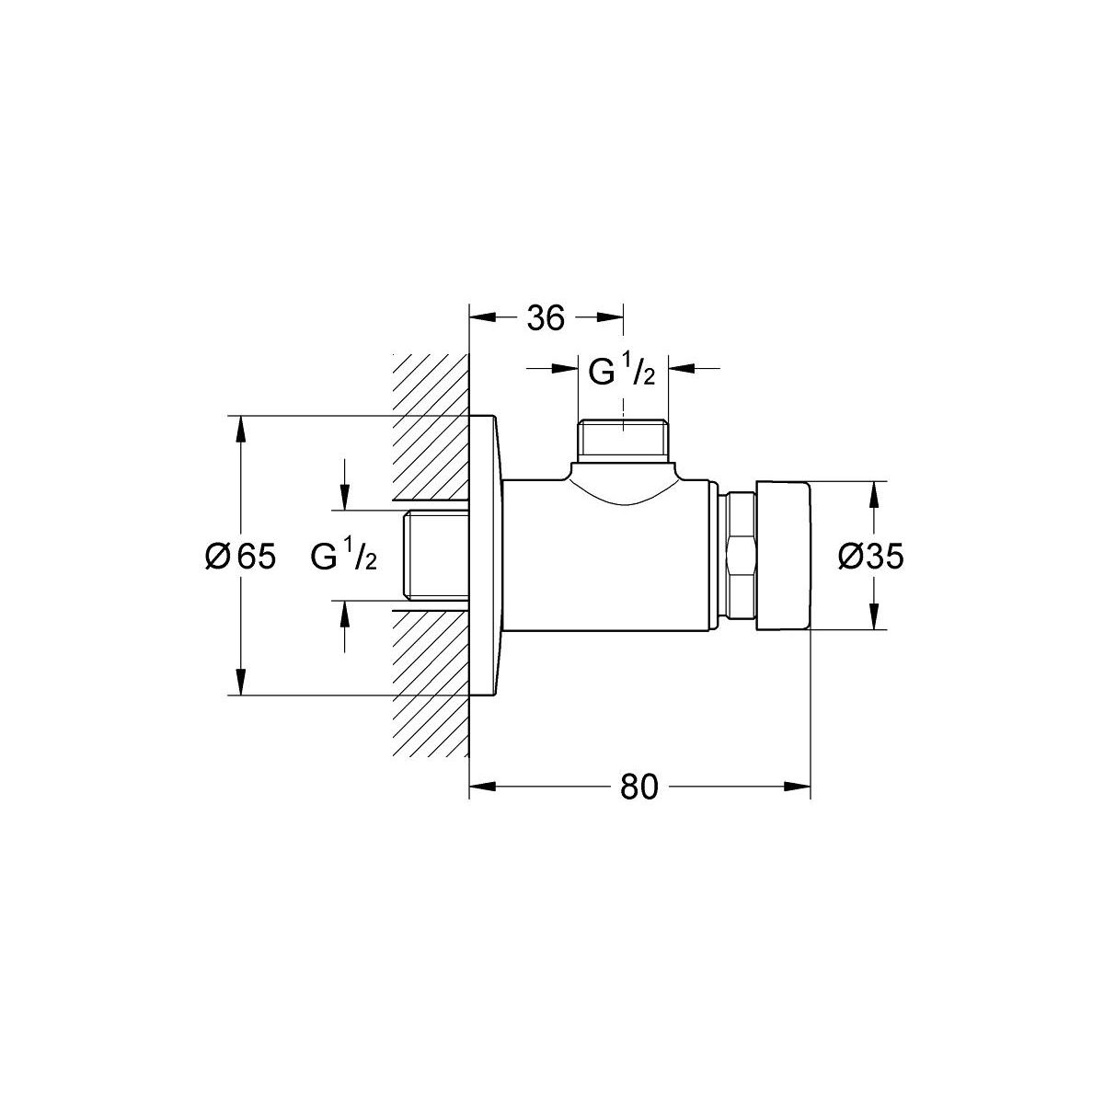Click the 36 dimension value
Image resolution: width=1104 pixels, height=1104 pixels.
click(x=546, y=318)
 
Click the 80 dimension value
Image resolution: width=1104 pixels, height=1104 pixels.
click(x=638, y=788)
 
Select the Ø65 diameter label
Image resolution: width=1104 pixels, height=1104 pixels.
click(x=241, y=556)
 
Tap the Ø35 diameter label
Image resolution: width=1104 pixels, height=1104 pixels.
click(x=870, y=556)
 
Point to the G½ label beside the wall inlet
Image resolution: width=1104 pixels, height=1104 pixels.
click(x=344, y=555)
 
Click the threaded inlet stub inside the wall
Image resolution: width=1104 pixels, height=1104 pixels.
click(x=436, y=556)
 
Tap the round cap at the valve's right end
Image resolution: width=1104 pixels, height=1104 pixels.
click(x=783, y=556)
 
